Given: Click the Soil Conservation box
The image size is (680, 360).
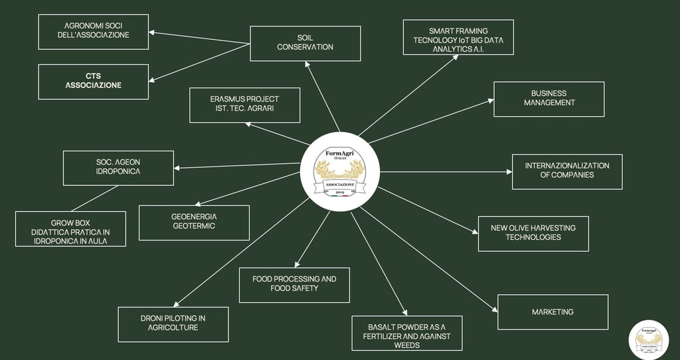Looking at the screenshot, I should coord(305,43).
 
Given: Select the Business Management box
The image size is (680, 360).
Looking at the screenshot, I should coord(549,99).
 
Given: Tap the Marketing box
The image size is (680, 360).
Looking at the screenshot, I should coord(552,312).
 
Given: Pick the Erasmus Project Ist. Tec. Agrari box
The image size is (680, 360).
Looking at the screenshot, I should coord(244,105).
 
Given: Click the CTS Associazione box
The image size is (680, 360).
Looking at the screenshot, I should coord(93,82).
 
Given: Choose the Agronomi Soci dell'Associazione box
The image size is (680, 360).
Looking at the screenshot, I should coord(93,31).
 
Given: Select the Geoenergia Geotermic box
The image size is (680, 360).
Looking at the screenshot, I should coord(193,223).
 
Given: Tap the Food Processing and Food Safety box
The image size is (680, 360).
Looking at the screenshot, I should coord(294,284).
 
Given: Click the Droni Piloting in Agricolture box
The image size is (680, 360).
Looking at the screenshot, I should coord(173,324).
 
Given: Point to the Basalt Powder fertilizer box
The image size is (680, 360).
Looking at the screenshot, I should coord(406,333).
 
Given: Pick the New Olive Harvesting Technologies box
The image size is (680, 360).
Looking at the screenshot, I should coord(533,232).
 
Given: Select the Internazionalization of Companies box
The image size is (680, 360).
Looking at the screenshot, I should coord(566,171).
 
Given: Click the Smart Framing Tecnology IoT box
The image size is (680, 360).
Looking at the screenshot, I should coord(458,37).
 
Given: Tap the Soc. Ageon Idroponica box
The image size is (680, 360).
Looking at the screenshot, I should coord(118,168).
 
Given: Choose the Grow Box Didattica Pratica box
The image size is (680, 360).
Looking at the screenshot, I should coord(70,229).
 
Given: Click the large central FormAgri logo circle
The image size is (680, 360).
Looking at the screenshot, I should coord(339,171).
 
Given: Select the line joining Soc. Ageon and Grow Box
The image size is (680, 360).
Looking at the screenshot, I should coord(94,199).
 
